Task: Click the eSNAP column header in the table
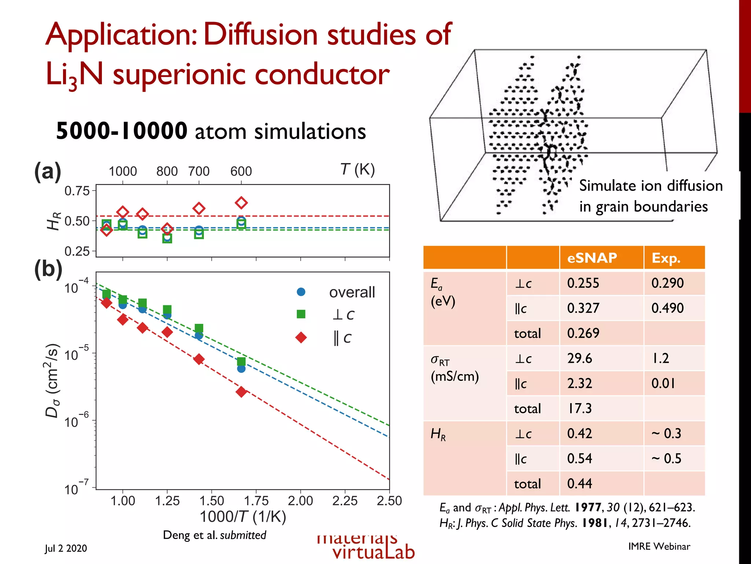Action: [x=592, y=258]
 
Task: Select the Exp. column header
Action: [x=666, y=258]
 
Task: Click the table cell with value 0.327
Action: [x=583, y=308]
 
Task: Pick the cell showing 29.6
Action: [x=580, y=358]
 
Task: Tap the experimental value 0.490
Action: [x=667, y=308]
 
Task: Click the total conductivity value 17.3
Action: [x=580, y=408]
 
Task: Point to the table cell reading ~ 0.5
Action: [x=666, y=458]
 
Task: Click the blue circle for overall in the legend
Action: [x=301, y=292]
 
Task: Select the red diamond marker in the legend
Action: [x=301, y=337]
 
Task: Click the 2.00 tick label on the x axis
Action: [x=300, y=500]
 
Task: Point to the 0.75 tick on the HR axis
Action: [x=77, y=191]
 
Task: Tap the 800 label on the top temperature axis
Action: [x=167, y=171]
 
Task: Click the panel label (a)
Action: [x=48, y=171]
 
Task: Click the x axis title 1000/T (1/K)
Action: [x=243, y=517]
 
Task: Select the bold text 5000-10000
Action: [x=121, y=131]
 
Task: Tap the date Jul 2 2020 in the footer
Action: [x=66, y=548]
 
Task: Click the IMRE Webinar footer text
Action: [x=659, y=546]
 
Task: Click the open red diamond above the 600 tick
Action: [x=241, y=203]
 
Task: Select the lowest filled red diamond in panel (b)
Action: [x=241, y=392]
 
